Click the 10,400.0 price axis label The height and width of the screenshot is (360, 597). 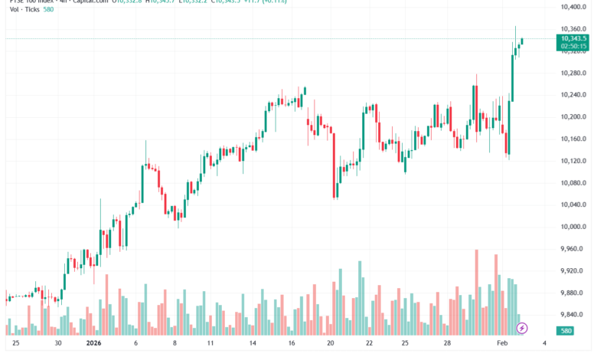(573, 7)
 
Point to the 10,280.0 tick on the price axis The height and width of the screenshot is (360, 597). (573, 73)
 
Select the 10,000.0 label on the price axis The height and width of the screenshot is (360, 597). (573, 227)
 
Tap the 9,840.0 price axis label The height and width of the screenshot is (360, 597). (573, 315)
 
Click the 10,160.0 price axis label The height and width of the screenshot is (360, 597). (573, 139)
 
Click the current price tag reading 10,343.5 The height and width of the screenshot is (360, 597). (573, 38)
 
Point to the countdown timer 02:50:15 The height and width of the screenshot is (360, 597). (573, 46)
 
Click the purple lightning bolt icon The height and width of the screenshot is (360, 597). (522, 328)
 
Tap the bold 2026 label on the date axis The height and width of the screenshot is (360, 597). (95, 345)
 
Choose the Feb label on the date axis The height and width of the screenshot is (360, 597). (501, 345)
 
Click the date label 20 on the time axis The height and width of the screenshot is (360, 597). (330, 345)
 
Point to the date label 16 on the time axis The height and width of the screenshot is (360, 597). (291, 345)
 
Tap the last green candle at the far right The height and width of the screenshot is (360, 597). (522, 41)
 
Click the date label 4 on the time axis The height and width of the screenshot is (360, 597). (543, 345)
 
